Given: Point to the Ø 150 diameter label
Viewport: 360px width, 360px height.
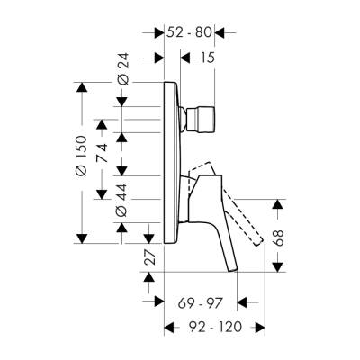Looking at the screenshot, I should click(x=80, y=164).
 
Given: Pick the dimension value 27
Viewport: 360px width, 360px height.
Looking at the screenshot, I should click(x=146, y=257).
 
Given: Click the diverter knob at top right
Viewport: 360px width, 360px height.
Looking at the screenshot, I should click(x=196, y=117).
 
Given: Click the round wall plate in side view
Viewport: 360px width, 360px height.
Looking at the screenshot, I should click(x=167, y=162).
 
